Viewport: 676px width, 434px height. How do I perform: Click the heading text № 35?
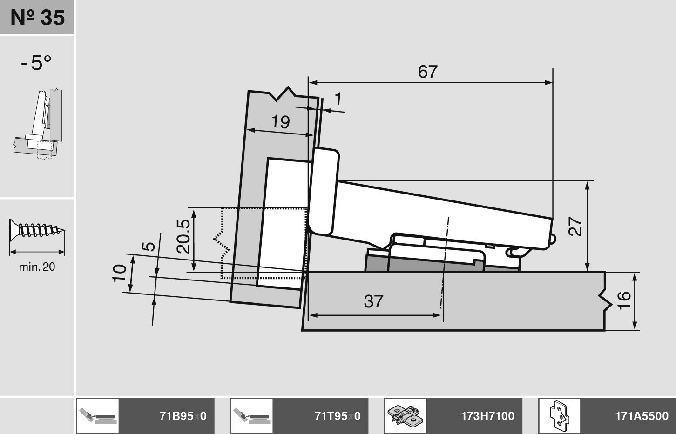pos(37,18)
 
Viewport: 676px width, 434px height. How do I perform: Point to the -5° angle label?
pos(36,63)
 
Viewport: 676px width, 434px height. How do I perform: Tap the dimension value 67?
pos(428,72)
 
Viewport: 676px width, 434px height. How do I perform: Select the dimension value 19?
pos(281,122)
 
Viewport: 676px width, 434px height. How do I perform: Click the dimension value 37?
pos(373,301)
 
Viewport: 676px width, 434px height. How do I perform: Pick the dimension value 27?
pos(575,226)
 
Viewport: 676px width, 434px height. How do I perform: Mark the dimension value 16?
pos(624,300)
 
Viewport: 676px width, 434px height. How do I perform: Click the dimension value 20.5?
pos(183,236)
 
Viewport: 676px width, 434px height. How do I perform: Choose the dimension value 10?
pos(120,273)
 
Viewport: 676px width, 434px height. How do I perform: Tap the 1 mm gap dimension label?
pos(338,99)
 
